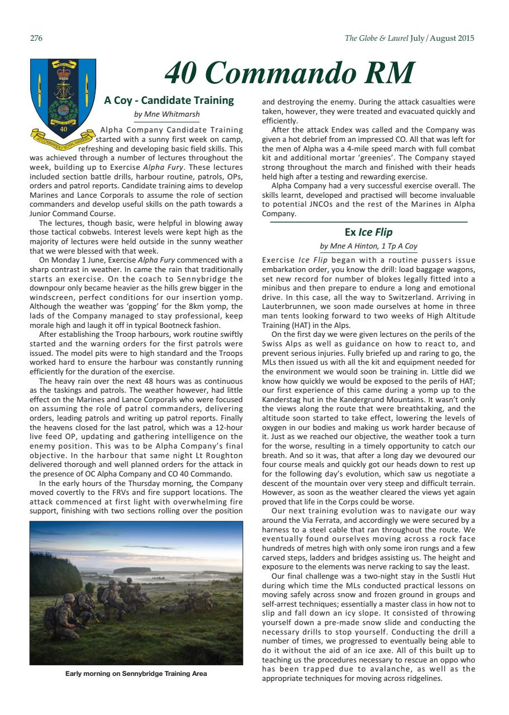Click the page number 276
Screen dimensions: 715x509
[x=36, y=39]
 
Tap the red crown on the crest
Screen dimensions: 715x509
[x=63, y=72]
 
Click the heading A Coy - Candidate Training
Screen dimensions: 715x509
[x=169, y=101]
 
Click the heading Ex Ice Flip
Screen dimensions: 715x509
[x=368, y=232]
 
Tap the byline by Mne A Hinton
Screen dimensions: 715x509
[x=368, y=246]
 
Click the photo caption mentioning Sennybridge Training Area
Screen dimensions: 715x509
[x=136, y=674]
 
